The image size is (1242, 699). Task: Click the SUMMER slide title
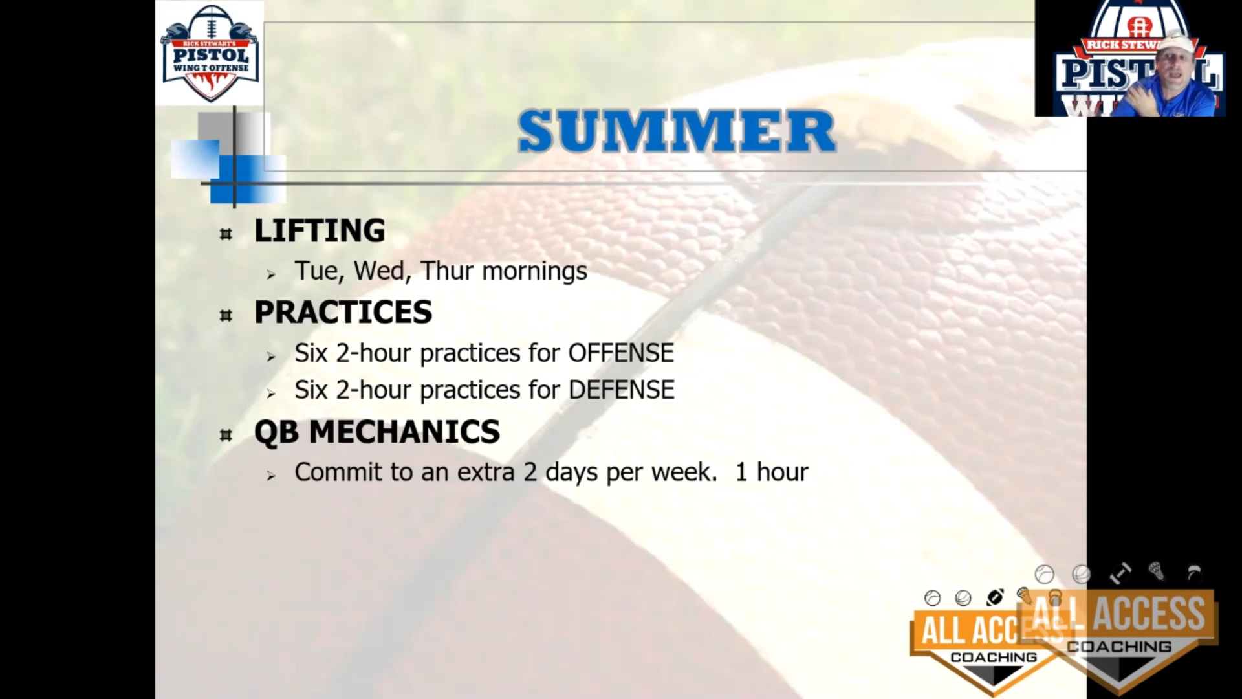(677, 131)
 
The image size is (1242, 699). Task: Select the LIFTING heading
(320, 231)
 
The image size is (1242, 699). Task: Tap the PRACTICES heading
(343, 313)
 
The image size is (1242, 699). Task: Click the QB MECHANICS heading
(377, 432)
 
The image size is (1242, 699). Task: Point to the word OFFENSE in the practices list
(621, 353)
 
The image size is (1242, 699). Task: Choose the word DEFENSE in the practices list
(621, 390)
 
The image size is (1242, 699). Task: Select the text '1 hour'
(772, 472)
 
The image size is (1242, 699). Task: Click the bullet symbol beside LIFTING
(226, 234)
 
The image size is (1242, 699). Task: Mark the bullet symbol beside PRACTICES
(226, 315)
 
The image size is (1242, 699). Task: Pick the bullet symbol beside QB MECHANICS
(226, 435)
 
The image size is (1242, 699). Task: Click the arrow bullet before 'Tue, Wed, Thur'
(271, 274)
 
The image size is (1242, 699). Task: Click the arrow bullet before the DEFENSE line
(271, 394)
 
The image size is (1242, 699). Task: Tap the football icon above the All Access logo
(995, 597)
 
